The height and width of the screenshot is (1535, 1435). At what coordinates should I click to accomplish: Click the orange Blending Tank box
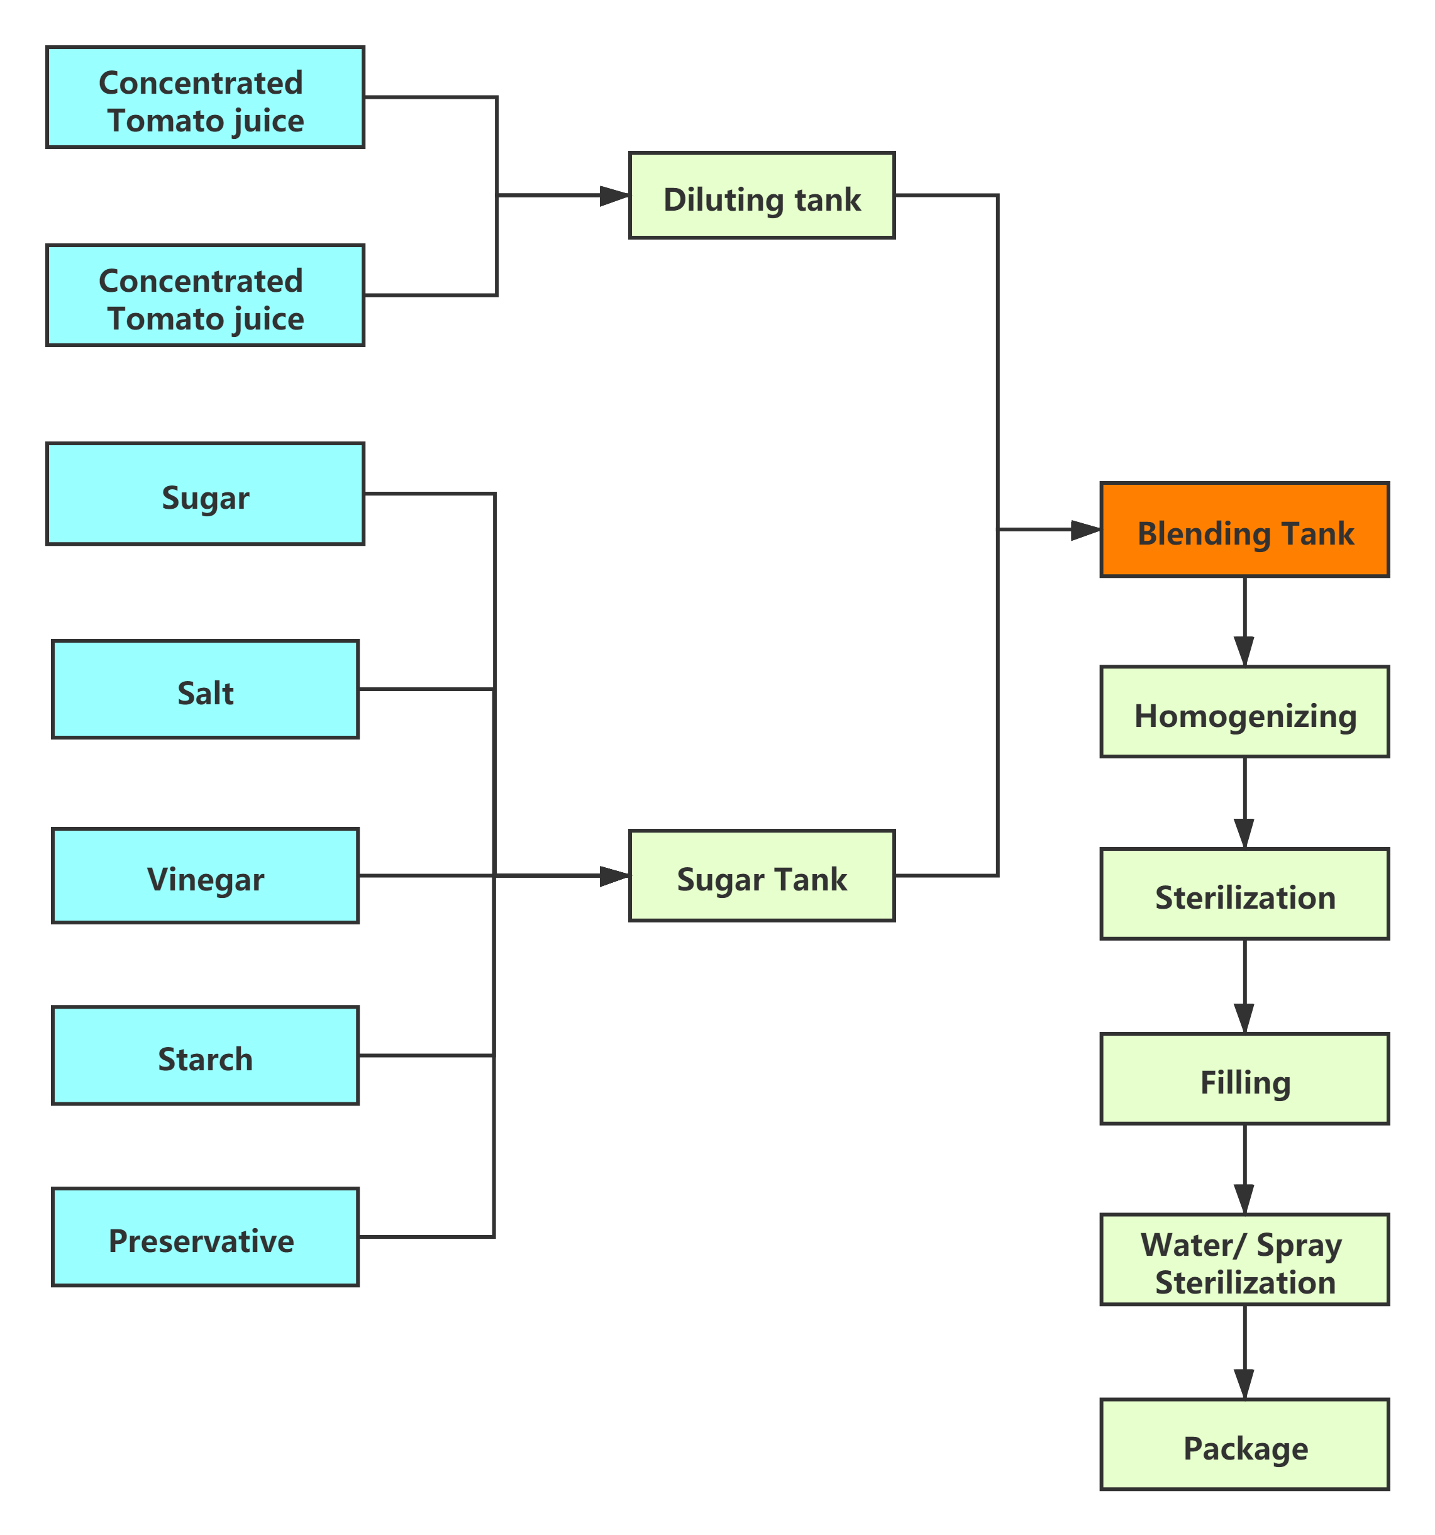click(1244, 529)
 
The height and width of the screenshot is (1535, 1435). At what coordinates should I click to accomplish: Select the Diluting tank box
click(762, 196)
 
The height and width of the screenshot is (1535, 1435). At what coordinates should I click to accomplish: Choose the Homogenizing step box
click(1244, 712)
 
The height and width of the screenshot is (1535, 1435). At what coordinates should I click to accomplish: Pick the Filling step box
click(1244, 1078)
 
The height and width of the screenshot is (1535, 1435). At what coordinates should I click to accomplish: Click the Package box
click(1244, 1444)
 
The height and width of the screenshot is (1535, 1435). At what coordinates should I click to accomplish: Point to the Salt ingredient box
click(206, 689)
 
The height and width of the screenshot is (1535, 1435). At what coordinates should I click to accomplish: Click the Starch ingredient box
click(206, 1055)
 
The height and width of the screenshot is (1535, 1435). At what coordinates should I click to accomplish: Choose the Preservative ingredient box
click(206, 1238)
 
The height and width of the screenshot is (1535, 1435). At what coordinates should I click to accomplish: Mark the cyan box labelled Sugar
click(206, 494)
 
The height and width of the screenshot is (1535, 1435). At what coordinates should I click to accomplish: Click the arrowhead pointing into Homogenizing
click(1244, 653)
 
